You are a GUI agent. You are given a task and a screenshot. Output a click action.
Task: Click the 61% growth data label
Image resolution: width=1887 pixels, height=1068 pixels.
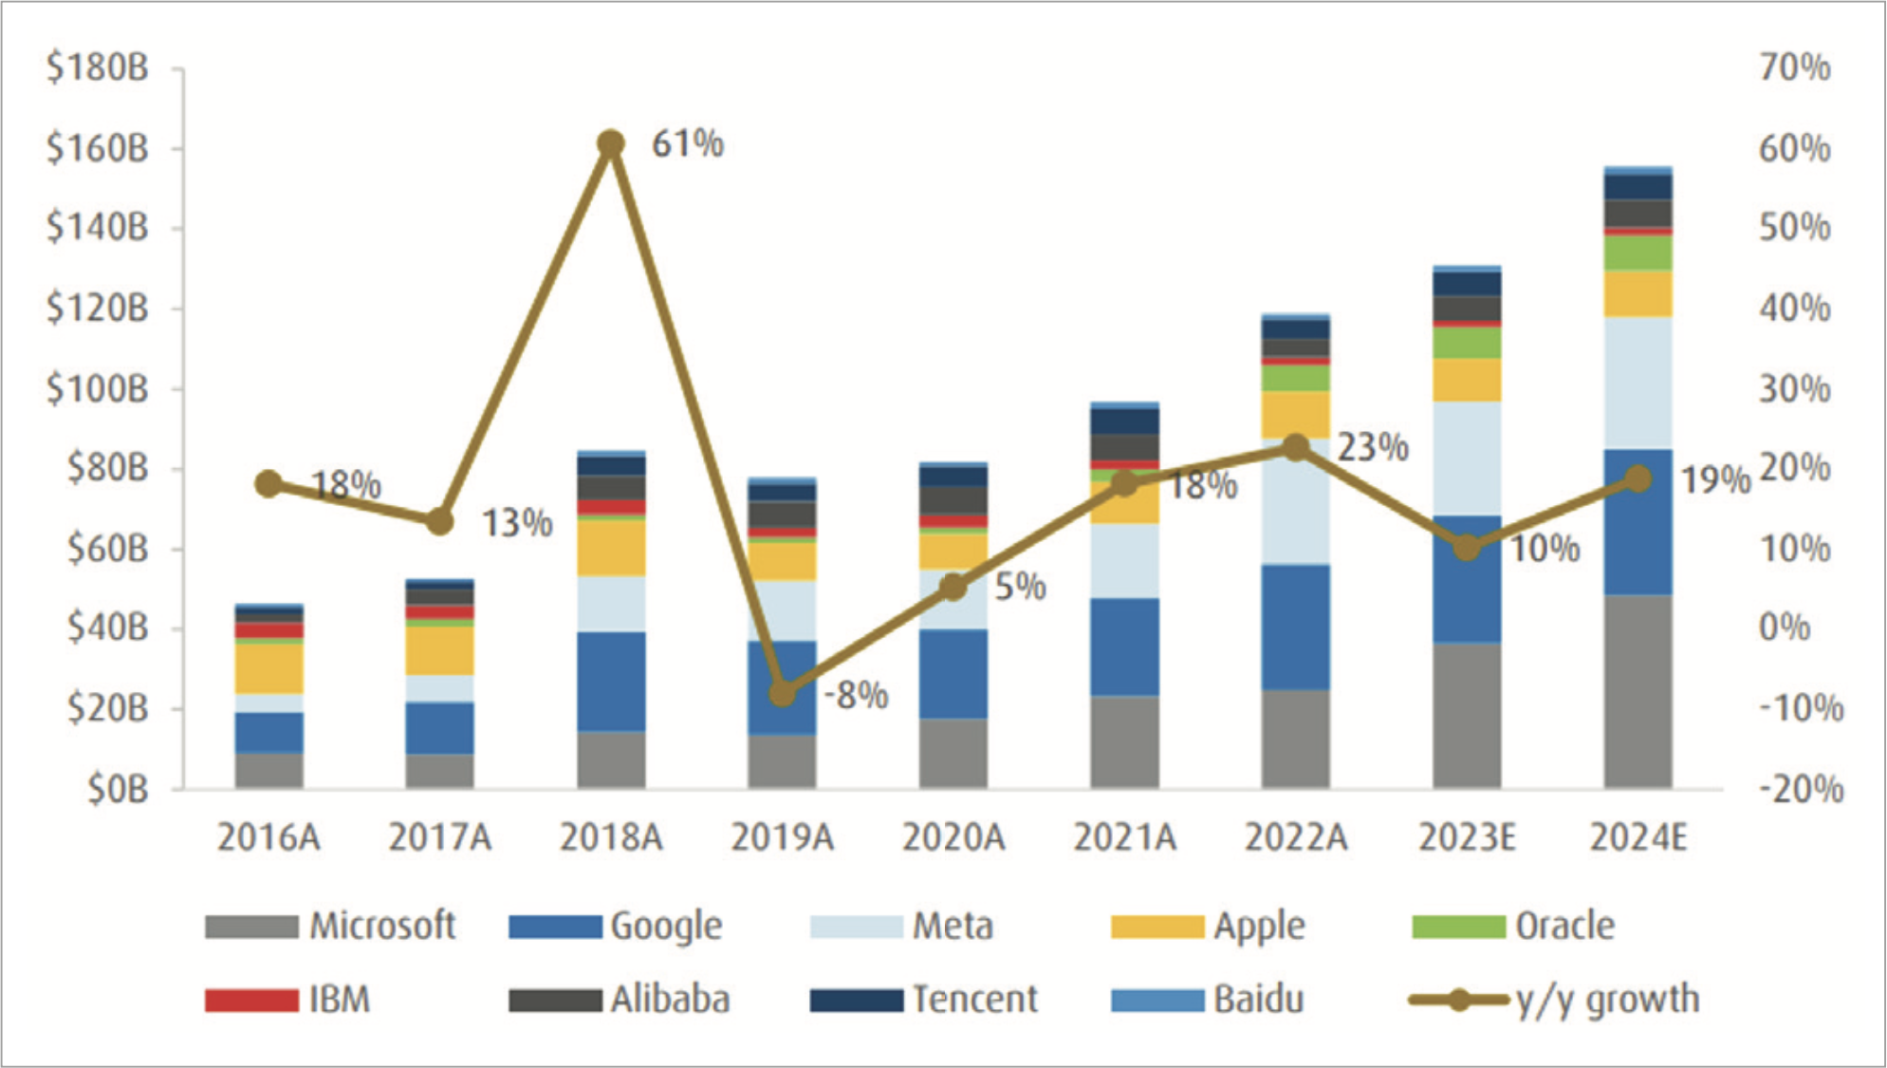point(687,144)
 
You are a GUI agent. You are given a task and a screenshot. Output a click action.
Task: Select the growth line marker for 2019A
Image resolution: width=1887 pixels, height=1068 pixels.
point(782,693)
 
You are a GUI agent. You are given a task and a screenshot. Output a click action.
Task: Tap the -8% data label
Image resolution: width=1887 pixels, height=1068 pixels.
point(856,696)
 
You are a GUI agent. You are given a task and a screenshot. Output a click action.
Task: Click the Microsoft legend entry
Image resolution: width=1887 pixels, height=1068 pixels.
point(330,926)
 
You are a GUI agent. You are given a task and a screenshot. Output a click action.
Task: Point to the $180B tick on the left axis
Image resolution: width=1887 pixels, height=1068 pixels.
point(98,68)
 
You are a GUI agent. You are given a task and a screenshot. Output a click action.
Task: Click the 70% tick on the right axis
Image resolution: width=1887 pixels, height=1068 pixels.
point(1794,68)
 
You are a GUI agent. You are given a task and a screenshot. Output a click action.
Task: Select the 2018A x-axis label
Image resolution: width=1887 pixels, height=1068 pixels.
point(610,838)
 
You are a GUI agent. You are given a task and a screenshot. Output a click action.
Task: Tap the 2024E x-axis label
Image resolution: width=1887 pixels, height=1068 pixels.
point(1638,838)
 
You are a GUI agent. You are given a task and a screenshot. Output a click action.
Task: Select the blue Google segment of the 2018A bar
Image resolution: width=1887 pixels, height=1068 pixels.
point(611,682)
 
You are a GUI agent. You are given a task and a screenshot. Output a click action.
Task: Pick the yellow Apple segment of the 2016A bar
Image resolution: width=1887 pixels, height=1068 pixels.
point(269,669)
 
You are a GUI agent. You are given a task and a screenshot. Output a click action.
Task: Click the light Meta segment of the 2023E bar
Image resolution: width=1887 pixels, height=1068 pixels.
point(1467,459)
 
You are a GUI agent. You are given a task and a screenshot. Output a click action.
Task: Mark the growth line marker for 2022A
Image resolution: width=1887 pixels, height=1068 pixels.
point(1296,448)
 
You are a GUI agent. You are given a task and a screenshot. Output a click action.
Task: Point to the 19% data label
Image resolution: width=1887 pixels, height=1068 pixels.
point(1715,480)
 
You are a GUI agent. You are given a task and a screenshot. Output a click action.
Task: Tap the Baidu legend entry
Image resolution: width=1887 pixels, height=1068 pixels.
point(1208,1000)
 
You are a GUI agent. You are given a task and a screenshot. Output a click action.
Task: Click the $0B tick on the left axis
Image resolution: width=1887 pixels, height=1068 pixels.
point(118,789)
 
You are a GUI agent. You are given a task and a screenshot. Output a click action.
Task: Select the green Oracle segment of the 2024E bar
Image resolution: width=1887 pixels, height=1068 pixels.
point(1638,253)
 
